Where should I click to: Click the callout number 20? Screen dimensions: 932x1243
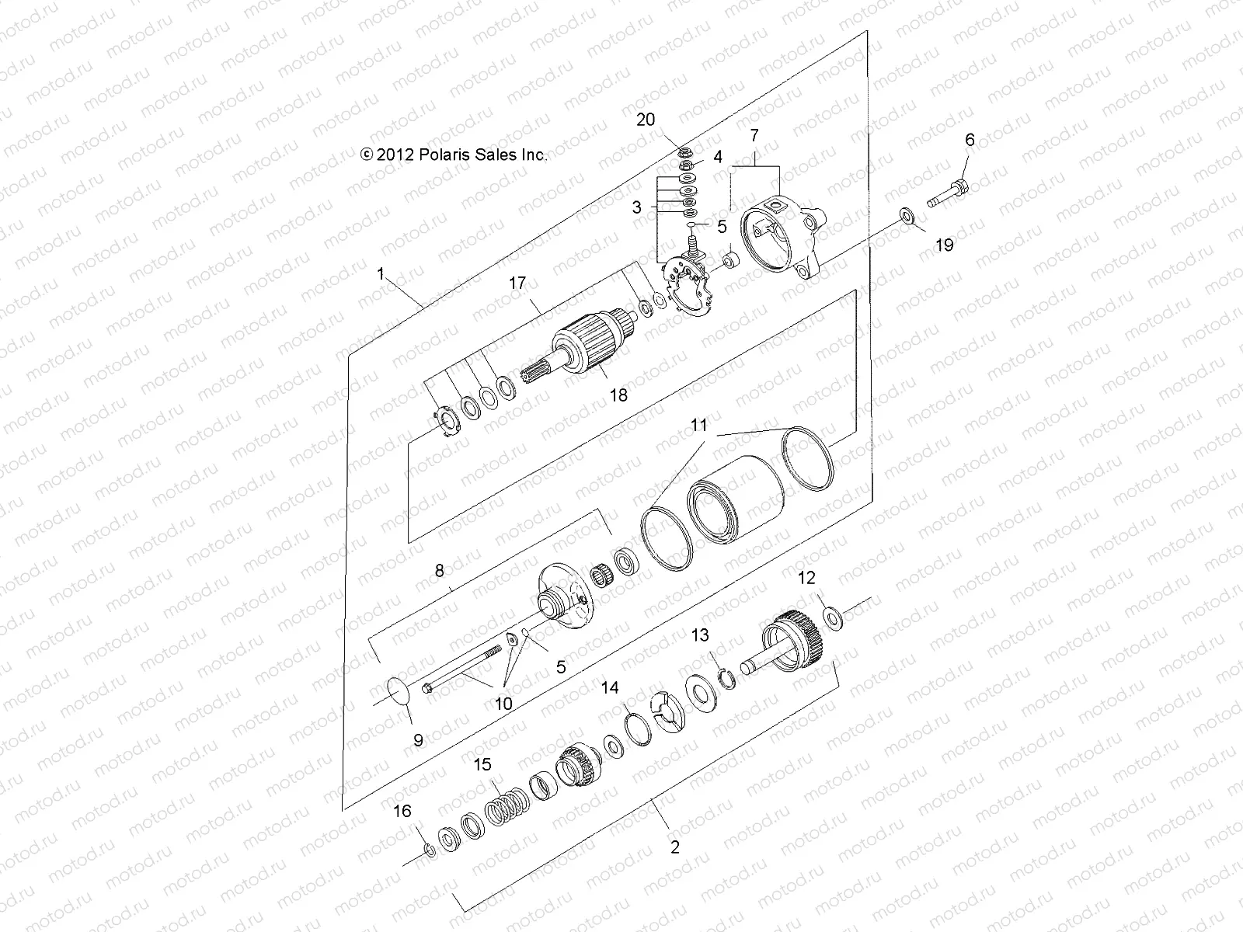tap(646, 120)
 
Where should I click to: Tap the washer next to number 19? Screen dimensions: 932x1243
tap(907, 215)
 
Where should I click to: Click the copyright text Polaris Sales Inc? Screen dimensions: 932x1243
tap(454, 155)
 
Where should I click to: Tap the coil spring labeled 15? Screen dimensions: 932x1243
tap(507, 813)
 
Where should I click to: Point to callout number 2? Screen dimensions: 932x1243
tap(674, 847)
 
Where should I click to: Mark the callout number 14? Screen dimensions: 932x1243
tap(610, 687)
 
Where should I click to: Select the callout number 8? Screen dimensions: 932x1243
tap(440, 571)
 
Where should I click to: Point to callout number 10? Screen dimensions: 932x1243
tap(503, 704)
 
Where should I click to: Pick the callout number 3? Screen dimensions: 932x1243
tap(637, 207)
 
